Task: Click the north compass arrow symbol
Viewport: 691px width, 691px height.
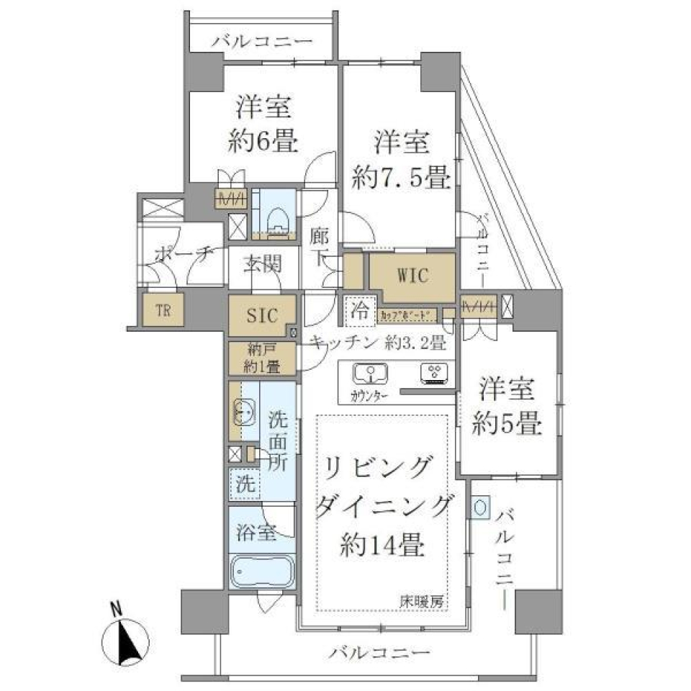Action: [x=128, y=637]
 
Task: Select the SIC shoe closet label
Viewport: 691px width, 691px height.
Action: [x=261, y=314]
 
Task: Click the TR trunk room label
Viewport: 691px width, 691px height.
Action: [x=163, y=310]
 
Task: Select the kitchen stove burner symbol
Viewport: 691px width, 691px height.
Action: [x=434, y=372]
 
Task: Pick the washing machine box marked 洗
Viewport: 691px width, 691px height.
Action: [x=245, y=483]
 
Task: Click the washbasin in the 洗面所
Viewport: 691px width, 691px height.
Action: [x=242, y=412]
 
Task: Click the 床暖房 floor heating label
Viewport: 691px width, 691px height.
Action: [x=423, y=602]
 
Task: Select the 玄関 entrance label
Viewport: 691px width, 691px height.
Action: [x=261, y=264]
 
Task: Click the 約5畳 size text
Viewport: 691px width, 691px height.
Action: [x=506, y=425]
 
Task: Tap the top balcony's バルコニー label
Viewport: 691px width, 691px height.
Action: [x=262, y=42]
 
